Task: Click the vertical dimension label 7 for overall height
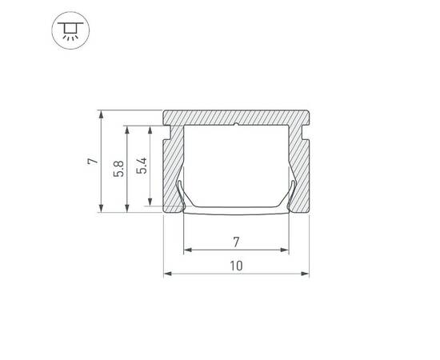click(x=94, y=162)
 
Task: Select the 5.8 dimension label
click(x=118, y=169)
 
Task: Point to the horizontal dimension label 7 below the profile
click(x=237, y=241)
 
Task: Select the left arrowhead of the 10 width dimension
click(x=168, y=274)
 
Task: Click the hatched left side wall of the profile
click(x=173, y=168)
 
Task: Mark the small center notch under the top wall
click(x=237, y=126)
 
